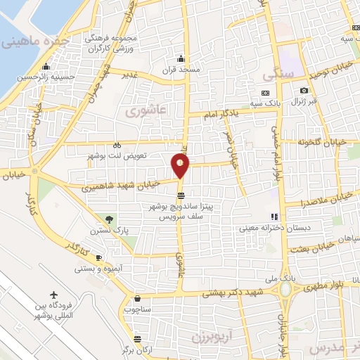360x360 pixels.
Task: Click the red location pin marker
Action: click(181, 165)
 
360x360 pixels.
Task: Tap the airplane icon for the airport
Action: click(55, 295)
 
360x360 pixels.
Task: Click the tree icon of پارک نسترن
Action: click(108, 220)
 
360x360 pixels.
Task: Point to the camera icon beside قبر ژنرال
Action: click(304, 90)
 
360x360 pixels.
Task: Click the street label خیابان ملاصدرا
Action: click(321, 201)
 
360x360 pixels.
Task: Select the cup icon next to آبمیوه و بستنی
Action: click(99, 258)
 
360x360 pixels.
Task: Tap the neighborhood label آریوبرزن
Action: click(212, 337)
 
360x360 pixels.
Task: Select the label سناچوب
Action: click(138, 309)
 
